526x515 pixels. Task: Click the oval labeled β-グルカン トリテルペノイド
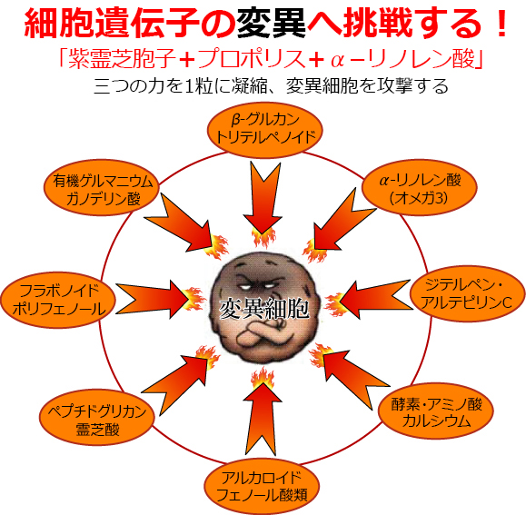click(265, 130)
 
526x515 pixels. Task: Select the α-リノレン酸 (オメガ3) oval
click(421, 187)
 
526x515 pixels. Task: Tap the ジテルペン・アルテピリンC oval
click(468, 293)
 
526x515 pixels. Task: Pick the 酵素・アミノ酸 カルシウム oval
click(436, 411)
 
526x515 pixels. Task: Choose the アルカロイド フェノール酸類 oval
click(262, 486)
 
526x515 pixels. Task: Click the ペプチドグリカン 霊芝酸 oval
click(97, 417)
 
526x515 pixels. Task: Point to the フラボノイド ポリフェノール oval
click(58, 300)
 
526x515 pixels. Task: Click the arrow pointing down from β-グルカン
click(263, 198)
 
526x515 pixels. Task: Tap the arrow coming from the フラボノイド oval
click(153, 299)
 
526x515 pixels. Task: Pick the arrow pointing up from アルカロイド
click(262, 419)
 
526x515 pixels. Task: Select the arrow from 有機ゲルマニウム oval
click(178, 223)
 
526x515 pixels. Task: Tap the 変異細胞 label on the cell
click(264, 309)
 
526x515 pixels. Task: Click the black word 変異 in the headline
click(271, 23)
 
